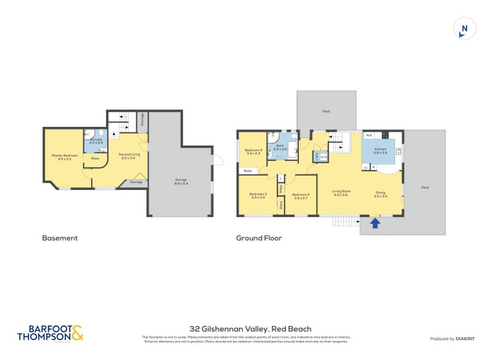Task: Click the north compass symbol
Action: click(464, 29)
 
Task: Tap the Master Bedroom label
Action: click(65, 156)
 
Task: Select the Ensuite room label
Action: click(96, 141)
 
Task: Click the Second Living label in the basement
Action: click(130, 155)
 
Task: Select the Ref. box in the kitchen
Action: click(369, 134)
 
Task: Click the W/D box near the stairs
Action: click(324, 157)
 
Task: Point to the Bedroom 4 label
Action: click(253, 151)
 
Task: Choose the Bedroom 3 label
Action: click(258, 195)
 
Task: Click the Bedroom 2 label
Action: click(301, 195)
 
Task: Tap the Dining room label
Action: click(381, 194)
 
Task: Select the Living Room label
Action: click(340, 194)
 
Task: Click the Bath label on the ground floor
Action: click(280, 147)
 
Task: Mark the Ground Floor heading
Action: click(259, 237)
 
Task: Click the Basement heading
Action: click(60, 237)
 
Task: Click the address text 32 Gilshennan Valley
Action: click(250, 329)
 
